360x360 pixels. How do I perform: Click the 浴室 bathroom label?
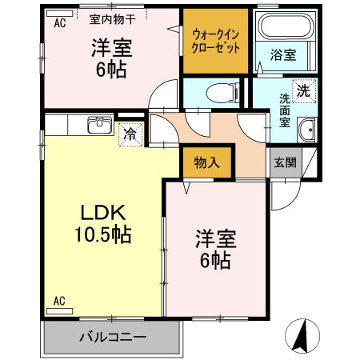pos(282,56)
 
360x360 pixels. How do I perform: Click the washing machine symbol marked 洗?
pos(303,90)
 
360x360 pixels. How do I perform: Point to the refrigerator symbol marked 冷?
pos(129,134)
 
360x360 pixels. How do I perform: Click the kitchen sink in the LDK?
pos(100,126)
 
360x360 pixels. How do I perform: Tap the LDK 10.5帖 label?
pos(102,225)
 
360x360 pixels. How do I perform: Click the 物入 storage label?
pos(207,162)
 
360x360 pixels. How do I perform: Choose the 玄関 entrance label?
pos(286,162)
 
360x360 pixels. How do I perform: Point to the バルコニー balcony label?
pos(112,337)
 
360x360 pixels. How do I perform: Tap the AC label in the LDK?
pos(59,301)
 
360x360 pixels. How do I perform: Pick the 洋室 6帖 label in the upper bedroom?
pos(110,58)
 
